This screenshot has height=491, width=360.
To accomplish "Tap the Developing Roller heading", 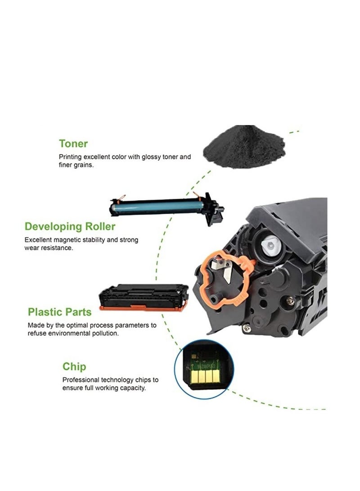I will coord(70,226).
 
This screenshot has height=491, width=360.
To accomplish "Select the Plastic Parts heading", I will coord(59,312).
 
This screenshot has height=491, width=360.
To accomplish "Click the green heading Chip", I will coord(74,366).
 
